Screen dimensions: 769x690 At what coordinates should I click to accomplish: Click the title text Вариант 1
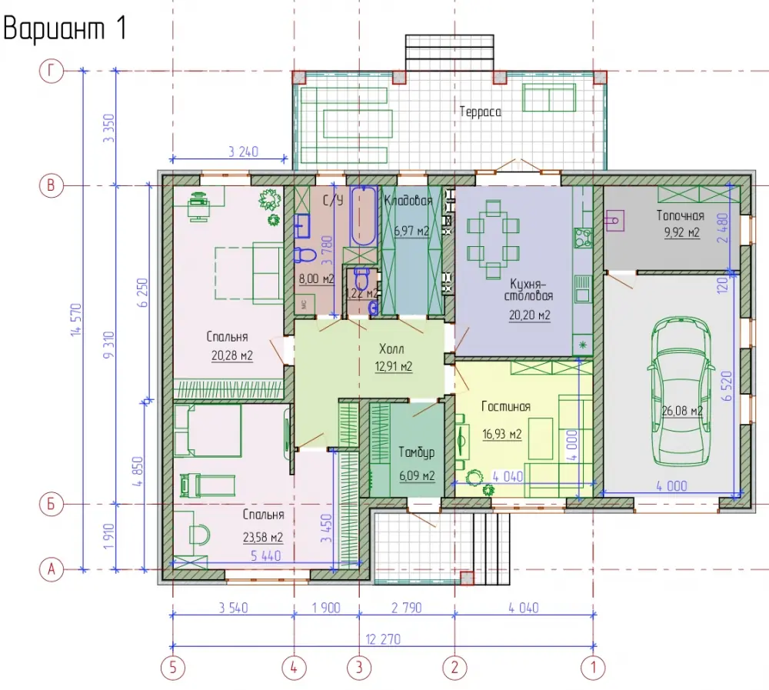pyautogui.click(x=65, y=28)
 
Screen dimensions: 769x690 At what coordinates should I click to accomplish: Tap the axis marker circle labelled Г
pyautogui.click(x=52, y=72)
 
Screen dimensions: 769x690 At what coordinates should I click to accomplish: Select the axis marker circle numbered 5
pyautogui.click(x=172, y=668)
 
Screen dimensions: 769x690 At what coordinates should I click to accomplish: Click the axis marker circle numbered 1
pyautogui.click(x=594, y=668)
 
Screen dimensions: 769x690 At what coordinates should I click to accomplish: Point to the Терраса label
pyautogui.click(x=480, y=112)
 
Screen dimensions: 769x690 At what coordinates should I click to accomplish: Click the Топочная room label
pyautogui.click(x=681, y=216)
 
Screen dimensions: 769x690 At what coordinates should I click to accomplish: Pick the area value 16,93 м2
pyautogui.click(x=501, y=435)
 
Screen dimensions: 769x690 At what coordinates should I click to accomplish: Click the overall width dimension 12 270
pyautogui.click(x=383, y=639)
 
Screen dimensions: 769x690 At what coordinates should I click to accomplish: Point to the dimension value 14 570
pyautogui.click(x=76, y=320)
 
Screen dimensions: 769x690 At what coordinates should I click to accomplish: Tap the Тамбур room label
pyautogui.click(x=416, y=452)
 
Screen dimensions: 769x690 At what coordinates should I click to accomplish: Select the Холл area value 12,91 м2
pyautogui.click(x=393, y=367)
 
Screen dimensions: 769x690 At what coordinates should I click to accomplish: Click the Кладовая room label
pyautogui.click(x=408, y=200)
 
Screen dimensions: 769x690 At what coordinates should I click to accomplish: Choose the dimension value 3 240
pyautogui.click(x=243, y=152)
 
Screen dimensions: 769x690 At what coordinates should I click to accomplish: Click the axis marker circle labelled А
pyautogui.click(x=52, y=570)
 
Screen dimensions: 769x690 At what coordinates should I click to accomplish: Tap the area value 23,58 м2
pyautogui.click(x=263, y=538)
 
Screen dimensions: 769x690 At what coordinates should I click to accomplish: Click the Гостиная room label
pyautogui.click(x=506, y=406)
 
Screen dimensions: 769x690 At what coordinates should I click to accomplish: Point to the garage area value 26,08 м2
pyautogui.click(x=682, y=410)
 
